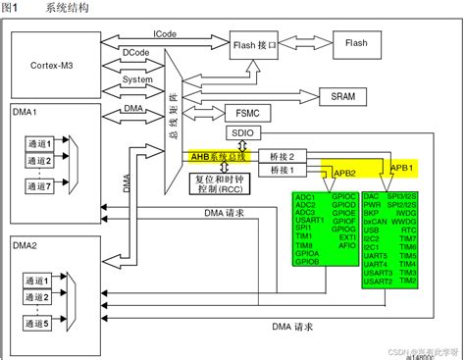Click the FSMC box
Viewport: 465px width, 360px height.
[241, 112]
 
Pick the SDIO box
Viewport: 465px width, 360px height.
[241, 131]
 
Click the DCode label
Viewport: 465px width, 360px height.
[134, 50]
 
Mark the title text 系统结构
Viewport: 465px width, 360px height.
[67, 8]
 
